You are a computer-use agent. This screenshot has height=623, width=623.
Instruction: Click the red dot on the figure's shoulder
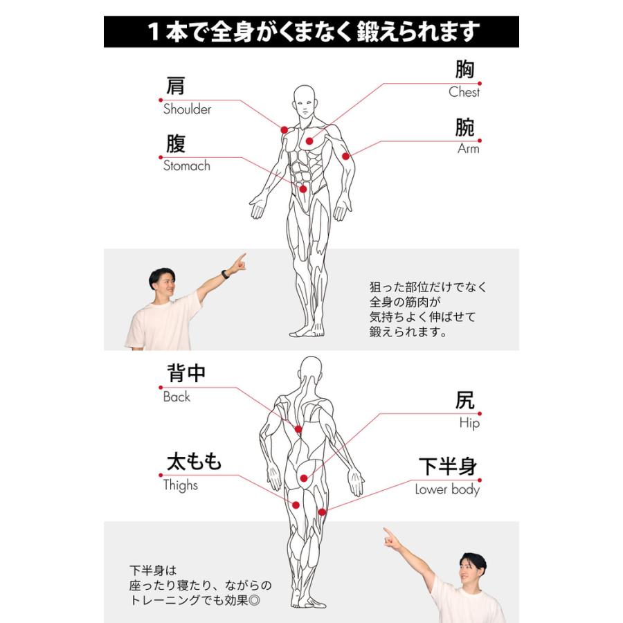(x=284, y=129)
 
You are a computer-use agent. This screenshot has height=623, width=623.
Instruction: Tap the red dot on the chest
(x=309, y=141)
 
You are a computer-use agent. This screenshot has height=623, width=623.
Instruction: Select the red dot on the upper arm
(x=345, y=156)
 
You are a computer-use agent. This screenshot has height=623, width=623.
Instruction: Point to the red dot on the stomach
(x=303, y=189)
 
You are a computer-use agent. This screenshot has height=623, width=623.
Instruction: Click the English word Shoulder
(x=187, y=109)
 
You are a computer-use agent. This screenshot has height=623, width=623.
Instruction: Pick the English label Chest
(x=464, y=92)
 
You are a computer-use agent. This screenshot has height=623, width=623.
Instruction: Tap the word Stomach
(x=186, y=166)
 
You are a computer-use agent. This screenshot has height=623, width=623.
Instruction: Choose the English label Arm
(x=468, y=149)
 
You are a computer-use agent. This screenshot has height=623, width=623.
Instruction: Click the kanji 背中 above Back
(x=186, y=373)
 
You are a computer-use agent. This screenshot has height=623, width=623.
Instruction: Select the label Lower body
(x=447, y=489)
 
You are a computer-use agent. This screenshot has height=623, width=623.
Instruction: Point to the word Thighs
(x=180, y=485)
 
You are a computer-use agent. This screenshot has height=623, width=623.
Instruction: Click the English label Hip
(x=469, y=423)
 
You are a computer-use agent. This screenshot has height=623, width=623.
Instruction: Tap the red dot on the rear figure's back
(x=298, y=429)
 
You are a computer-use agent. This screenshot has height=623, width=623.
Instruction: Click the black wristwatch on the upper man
(x=225, y=274)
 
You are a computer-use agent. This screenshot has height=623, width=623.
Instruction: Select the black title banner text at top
(x=311, y=32)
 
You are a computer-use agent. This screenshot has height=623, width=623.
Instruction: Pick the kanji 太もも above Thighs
(x=194, y=462)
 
